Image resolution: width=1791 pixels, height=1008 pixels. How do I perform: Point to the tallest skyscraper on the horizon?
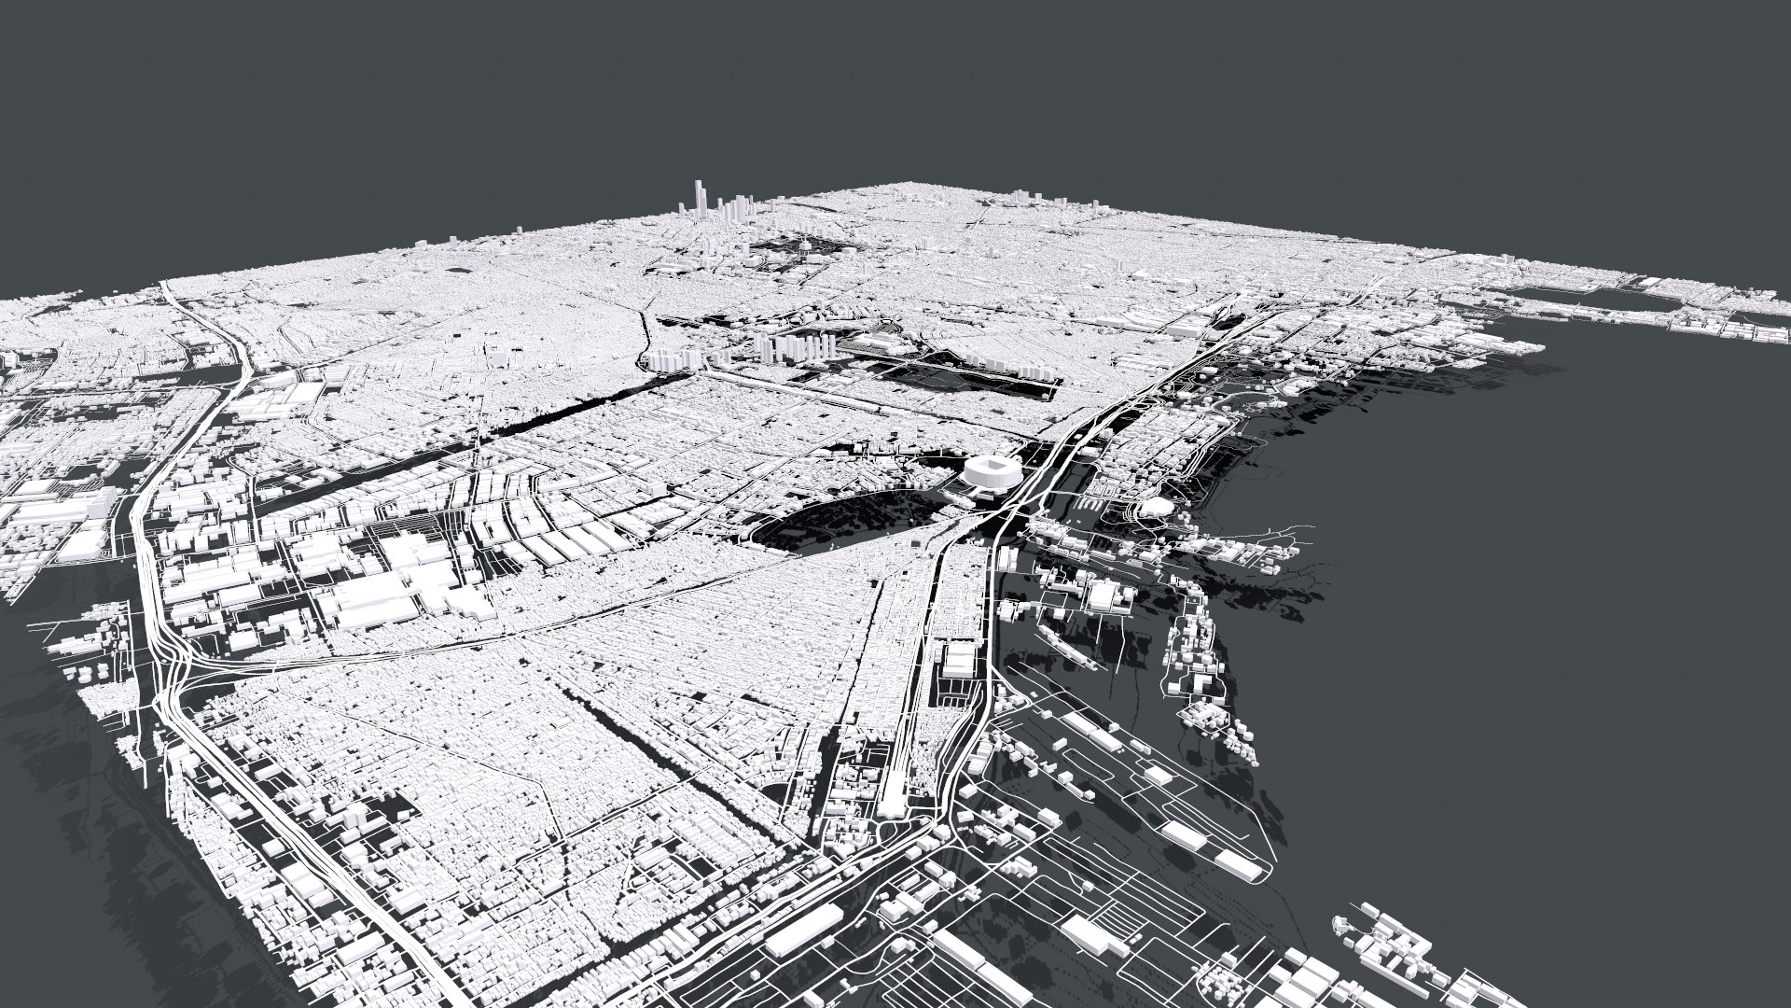pyautogui.click(x=696, y=197)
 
